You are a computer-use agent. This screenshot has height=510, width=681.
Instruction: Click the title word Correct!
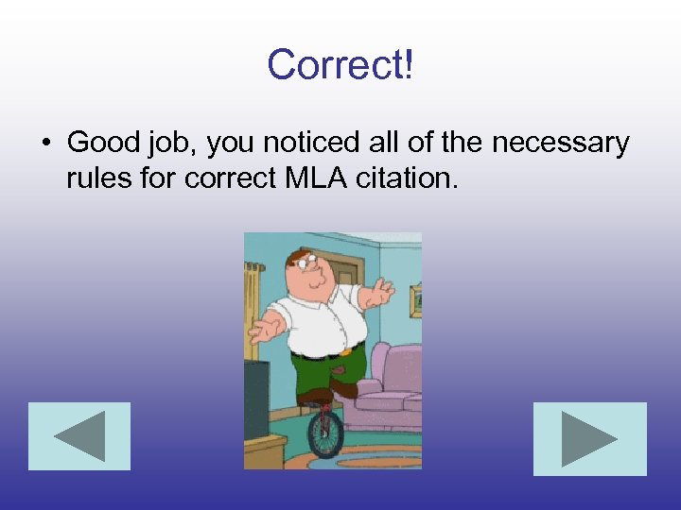coord(340,64)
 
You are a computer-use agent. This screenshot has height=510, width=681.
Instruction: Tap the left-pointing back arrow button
coord(79,436)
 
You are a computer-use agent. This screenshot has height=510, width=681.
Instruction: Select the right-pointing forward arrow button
coord(589,438)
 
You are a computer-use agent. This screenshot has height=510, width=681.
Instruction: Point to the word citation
coord(406,177)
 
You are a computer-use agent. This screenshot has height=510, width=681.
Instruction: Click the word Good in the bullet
coord(103,143)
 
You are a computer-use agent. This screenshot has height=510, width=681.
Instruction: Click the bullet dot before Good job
coord(44,144)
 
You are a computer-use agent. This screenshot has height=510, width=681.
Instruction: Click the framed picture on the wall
coord(415,300)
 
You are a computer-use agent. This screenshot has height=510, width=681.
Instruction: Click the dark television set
coord(256,397)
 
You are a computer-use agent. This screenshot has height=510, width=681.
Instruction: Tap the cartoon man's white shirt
coord(317,316)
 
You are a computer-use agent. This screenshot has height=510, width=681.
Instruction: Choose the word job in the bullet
coord(173,144)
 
